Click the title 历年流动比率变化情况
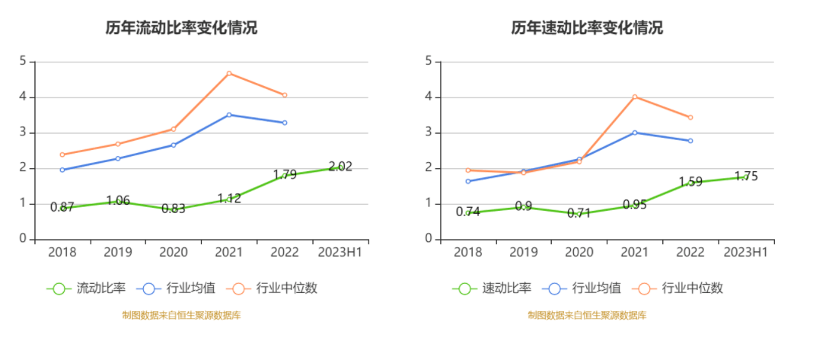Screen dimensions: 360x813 pyautogui.click(x=181, y=28)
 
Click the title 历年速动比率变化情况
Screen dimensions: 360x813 pyautogui.click(x=587, y=28)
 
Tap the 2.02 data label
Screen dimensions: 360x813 pyautogui.click(x=340, y=167)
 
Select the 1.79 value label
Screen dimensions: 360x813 pyautogui.click(x=284, y=175)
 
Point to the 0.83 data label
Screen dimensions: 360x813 pyautogui.click(x=173, y=209)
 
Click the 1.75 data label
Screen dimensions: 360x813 pyautogui.click(x=746, y=177)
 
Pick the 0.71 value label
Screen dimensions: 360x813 pyautogui.click(x=579, y=213)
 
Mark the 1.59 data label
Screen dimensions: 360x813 pyautogui.click(x=690, y=183)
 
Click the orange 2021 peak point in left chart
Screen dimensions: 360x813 pyautogui.click(x=228, y=73)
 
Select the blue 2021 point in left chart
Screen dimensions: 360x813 pyautogui.click(x=228, y=115)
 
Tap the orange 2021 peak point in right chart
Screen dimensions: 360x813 pyautogui.click(x=634, y=97)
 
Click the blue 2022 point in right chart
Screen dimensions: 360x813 pyautogui.click(x=690, y=141)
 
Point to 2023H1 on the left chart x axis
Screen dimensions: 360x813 pyautogui.click(x=340, y=252)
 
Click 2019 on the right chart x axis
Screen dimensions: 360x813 pyautogui.click(x=523, y=252)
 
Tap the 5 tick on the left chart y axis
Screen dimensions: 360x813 pyautogui.click(x=23, y=62)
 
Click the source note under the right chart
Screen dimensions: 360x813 pyautogui.click(x=587, y=315)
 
